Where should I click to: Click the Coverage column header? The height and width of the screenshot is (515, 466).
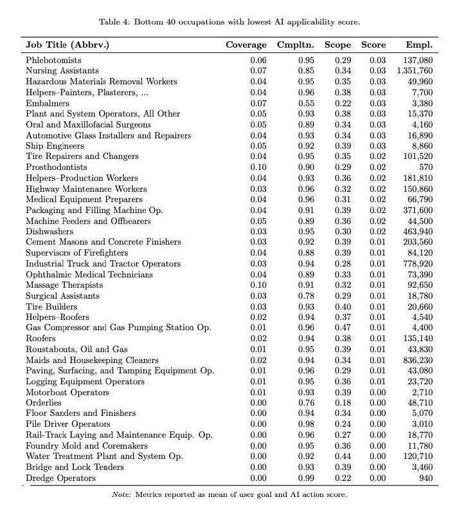click(246, 45)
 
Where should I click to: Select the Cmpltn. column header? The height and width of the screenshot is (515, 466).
click(295, 45)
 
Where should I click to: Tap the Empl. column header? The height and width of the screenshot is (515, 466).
click(419, 45)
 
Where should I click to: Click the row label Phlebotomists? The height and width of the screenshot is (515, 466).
click(53, 60)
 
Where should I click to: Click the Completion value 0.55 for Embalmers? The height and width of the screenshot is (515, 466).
click(306, 103)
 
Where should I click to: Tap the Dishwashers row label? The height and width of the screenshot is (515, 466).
click(49, 231)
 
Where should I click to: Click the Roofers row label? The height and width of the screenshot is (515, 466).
click(40, 339)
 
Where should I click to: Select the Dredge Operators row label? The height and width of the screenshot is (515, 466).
click(60, 478)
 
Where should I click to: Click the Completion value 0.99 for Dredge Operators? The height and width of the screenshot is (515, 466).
click(306, 478)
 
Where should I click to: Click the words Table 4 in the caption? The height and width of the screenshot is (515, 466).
click(113, 22)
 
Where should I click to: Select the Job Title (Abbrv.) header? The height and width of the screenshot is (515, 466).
click(67, 45)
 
